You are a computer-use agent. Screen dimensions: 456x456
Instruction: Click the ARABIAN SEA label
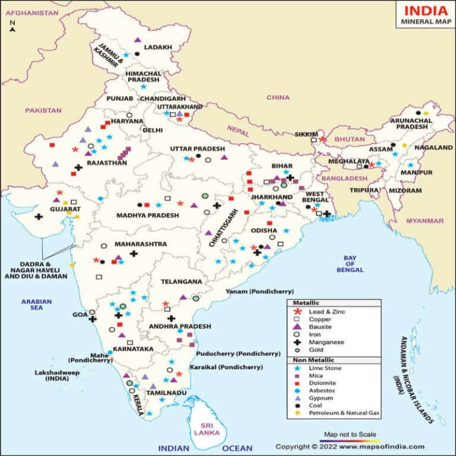[37, 304]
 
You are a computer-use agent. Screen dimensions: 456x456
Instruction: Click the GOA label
[80, 315]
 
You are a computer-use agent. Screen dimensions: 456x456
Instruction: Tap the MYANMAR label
[425, 221]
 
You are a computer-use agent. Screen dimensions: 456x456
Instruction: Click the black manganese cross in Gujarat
[39, 217]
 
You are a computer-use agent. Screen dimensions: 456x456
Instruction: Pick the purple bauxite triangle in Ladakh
[138, 40]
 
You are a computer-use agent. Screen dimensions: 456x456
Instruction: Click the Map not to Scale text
[350, 434]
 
